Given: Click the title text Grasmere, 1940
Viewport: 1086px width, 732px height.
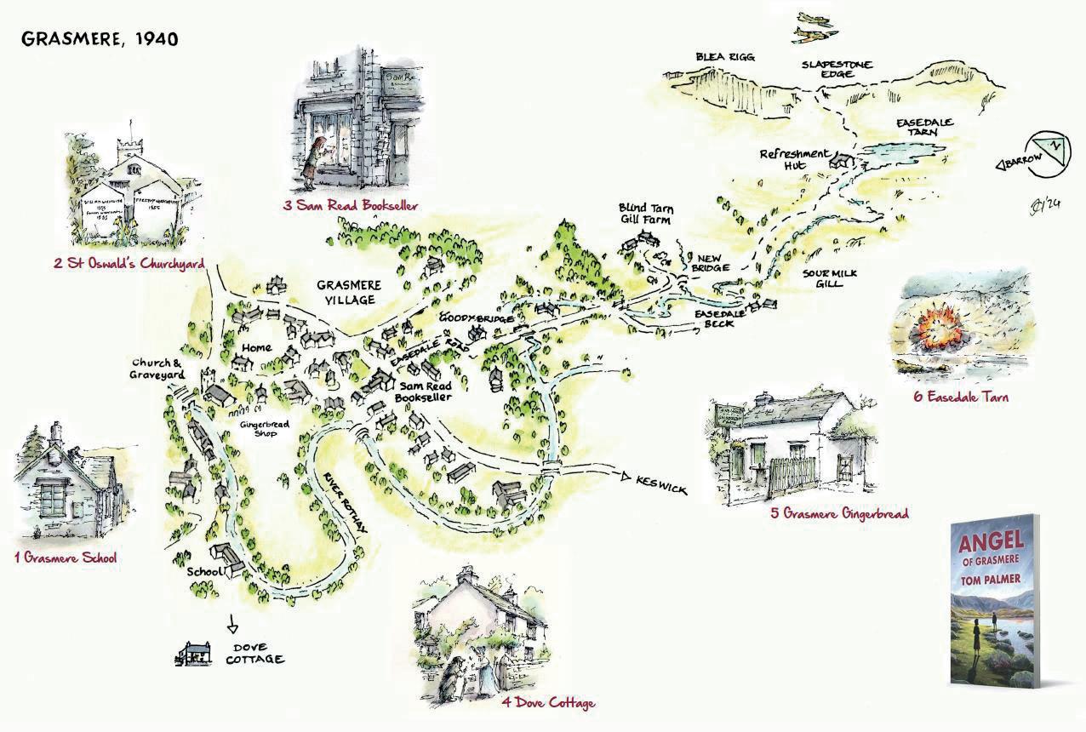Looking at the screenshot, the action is pos(100,40).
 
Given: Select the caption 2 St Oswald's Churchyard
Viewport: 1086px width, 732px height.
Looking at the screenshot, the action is pos(129,264).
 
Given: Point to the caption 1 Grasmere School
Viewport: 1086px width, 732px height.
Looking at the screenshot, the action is pos(66,558).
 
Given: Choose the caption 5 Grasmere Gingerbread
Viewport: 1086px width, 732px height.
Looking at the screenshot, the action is pos(839,513).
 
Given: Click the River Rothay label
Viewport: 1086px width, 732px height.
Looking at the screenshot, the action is pos(346,502).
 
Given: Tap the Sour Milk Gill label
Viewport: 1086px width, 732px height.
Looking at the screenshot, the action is pos(822,277).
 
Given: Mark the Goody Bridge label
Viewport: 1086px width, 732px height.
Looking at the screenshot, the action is pos(465,317).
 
